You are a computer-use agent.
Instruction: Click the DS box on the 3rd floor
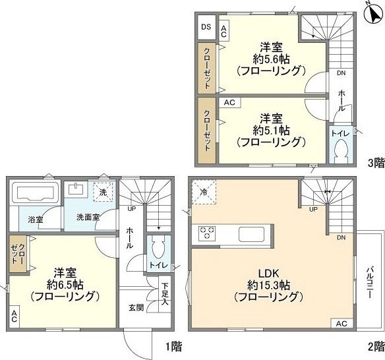pos(206,27)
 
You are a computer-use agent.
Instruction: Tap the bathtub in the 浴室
pos(36,195)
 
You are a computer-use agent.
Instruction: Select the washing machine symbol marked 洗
pos(103,193)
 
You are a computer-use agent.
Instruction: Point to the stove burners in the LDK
pos(208,233)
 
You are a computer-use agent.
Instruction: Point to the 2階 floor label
pos(375,345)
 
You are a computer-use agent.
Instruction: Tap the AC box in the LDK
pos(341,324)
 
